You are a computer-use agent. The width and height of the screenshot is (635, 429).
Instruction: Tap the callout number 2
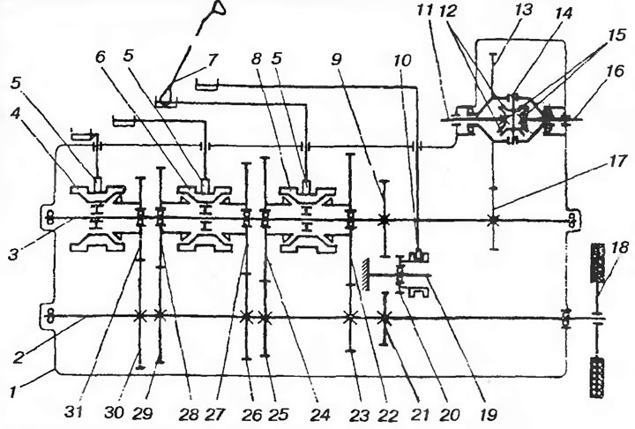point(19,357)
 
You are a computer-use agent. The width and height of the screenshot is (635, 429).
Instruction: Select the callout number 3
point(14,254)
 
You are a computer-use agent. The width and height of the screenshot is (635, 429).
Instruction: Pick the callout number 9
point(337,59)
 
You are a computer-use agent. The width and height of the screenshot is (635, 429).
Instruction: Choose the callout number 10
point(401,61)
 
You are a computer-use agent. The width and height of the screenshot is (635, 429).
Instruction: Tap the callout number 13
point(523,10)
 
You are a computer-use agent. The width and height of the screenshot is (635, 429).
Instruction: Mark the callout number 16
point(615,71)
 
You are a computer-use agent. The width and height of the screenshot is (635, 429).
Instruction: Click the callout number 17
point(616,162)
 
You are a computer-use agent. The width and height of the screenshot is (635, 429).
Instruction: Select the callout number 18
point(619,247)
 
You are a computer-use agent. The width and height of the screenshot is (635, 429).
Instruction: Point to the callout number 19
point(488,414)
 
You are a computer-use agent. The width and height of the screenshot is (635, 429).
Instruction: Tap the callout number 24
point(320,414)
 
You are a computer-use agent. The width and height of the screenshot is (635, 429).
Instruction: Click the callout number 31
point(73,413)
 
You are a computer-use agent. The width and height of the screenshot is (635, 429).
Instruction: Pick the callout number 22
point(389,415)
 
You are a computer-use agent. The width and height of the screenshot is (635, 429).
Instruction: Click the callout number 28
point(188,414)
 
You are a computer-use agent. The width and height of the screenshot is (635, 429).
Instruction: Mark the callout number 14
point(563,13)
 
